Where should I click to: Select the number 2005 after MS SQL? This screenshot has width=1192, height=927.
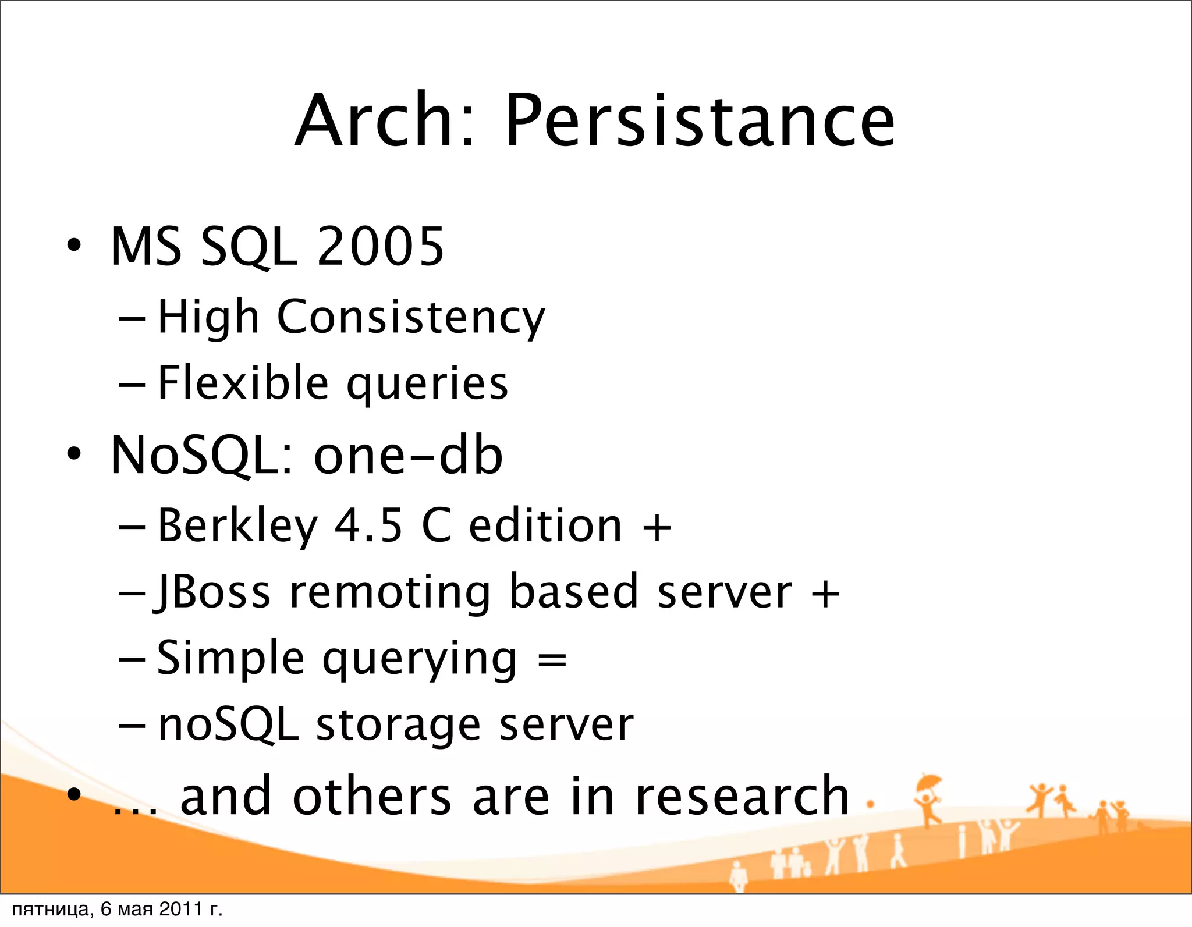coord(381,247)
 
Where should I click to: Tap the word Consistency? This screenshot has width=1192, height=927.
coord(411,318)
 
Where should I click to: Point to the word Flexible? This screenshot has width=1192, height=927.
coord(243,383)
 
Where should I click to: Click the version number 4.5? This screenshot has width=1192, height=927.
coord(368,525)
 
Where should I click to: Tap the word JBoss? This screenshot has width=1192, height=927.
coord(213,592)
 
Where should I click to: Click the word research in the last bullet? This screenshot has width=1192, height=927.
coord(743,796)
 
